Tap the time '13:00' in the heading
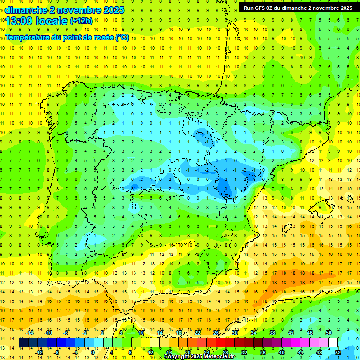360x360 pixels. point(20,21)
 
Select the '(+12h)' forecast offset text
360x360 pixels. point(81,21)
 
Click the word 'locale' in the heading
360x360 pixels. point(52,21)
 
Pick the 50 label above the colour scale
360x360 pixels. point(328,333)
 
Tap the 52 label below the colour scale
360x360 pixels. point(338,352)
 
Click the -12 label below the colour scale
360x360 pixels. point(39,352)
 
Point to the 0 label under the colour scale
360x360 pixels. point(93,352)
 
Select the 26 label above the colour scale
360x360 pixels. point(216,333)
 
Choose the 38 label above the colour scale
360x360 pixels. point(272,333)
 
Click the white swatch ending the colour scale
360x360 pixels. point(333,343)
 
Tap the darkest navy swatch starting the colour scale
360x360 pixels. point(24,343)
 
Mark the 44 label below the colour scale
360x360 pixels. point(300,352)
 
